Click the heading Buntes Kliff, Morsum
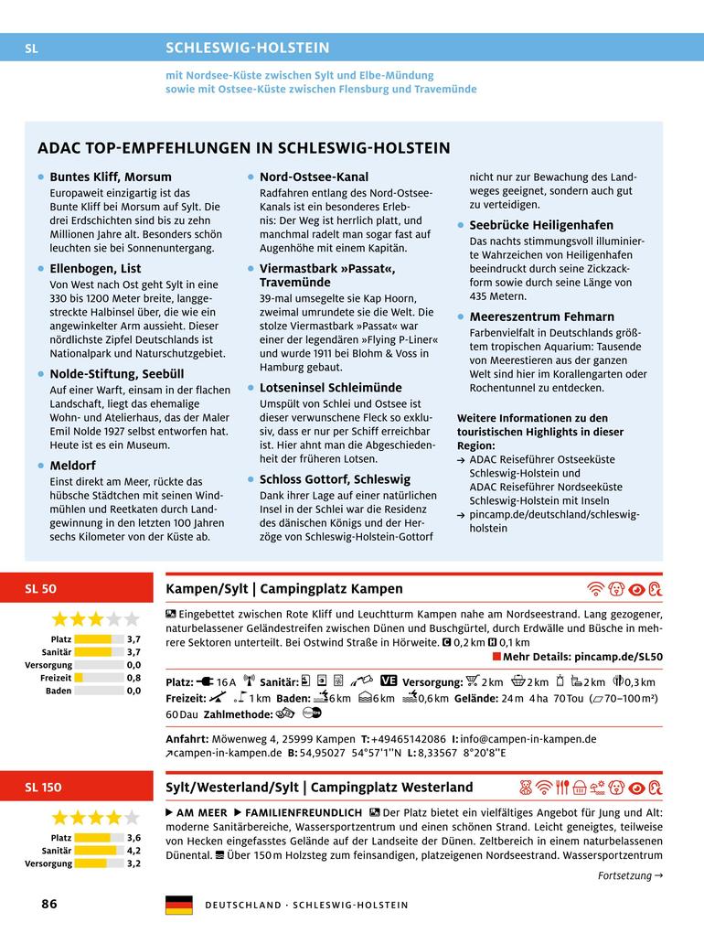pos(110,177)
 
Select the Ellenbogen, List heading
pos(95,268)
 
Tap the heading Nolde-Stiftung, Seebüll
pos(116,373)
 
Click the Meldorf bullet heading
pos(72,465)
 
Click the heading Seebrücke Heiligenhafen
pos(541,225)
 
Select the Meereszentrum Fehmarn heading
pos(541,316)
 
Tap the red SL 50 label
pos(41,589)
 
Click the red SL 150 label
pos(44,787)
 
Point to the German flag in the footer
pos(178,905)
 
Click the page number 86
pos(49,904)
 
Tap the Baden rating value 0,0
pos(133,691)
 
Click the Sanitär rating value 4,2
pos(133,850)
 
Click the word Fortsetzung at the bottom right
pos(624,875)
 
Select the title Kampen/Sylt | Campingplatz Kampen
pos(283,588)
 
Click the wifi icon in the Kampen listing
pos(595,589)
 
